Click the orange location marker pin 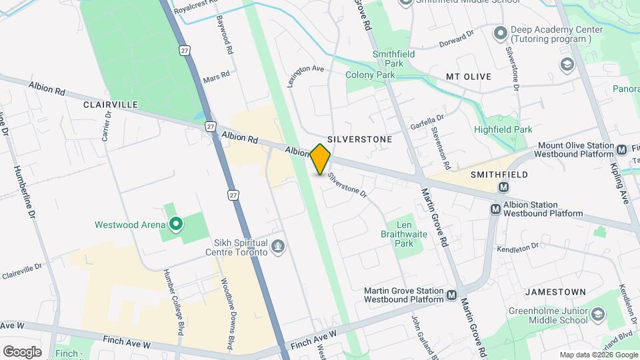click(321, 159)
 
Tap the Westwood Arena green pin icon click(175, 224)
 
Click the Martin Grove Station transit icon click(453, 295)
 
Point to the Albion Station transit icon click(495, 209)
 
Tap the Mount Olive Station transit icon click(621, 150)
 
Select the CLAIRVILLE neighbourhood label click(111, 105)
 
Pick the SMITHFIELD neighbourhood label click(499, 174)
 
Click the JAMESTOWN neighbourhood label click(555, 292)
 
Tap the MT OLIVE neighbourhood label click(468, 77)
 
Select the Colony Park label click(370, 75)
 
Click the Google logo click(22, 351)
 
